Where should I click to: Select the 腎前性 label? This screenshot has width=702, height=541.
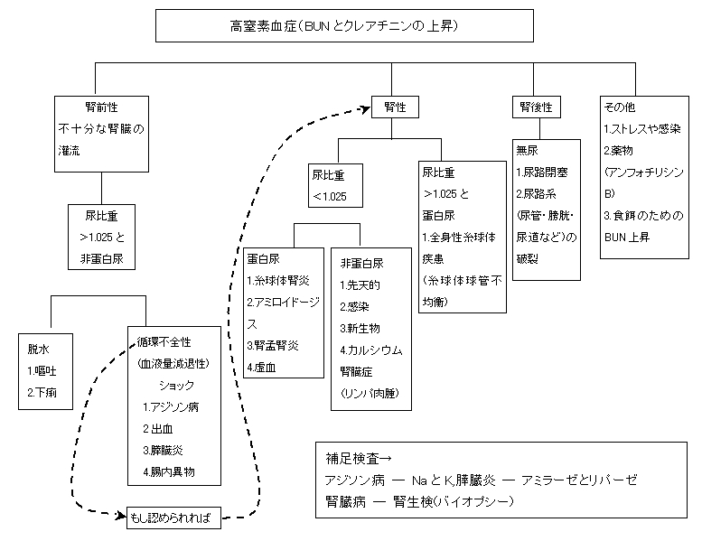pyautogui.click(x=77, y=105)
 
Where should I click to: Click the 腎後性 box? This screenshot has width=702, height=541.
pyautogui.click(x=536, y=107)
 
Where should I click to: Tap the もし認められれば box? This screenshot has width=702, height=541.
pyautogui.click(x=171, y=518)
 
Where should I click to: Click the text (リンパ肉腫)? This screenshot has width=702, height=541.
pyautogui.click(x=370, y=393)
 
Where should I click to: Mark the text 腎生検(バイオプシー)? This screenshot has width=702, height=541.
pyautogui.click(x=462, y=499)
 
